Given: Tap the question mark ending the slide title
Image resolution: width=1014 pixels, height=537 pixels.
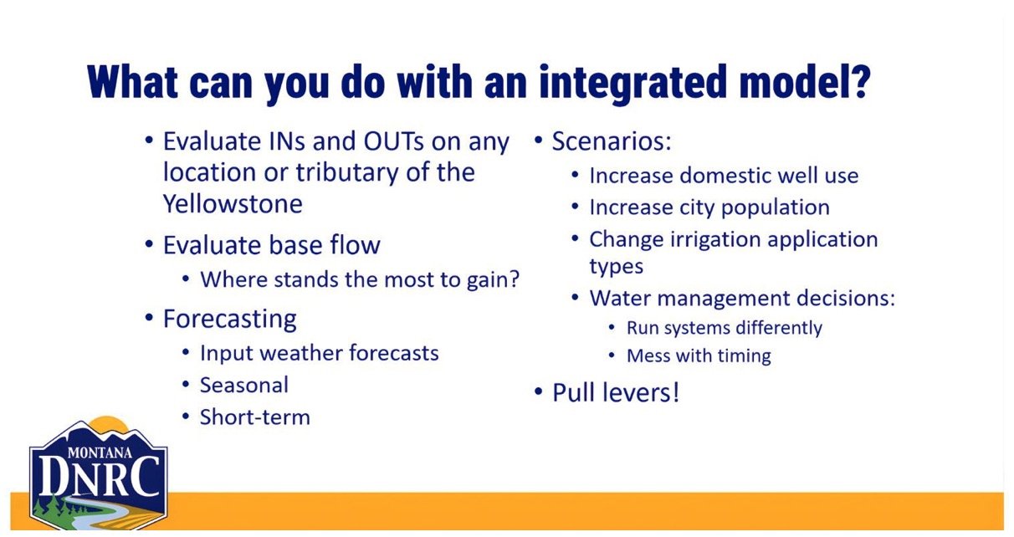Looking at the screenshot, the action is click(x=857, y=81).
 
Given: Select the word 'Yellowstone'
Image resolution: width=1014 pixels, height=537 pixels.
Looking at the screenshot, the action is click(x=233, y=203).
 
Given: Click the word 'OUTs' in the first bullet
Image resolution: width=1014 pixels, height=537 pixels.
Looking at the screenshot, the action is click(x=393, y=141).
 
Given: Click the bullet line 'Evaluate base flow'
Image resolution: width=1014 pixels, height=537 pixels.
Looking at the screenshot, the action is click(x=272, y=245).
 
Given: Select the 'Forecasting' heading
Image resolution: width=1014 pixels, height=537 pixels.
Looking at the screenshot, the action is click(x=230, y=319).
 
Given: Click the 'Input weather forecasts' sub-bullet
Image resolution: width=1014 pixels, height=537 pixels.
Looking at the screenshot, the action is click(x=320, y=353).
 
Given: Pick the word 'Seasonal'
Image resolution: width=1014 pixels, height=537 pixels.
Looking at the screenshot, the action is click(x=244, y=386).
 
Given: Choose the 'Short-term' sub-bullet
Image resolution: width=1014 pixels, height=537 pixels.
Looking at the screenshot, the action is click(x=255, y=417).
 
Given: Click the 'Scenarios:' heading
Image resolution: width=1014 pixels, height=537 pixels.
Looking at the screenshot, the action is click(x=612, y=141).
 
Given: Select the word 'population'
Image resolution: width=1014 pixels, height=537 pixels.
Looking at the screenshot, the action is click(x=776, y=208).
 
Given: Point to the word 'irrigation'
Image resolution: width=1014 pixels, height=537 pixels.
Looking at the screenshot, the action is click(x=715, y=240).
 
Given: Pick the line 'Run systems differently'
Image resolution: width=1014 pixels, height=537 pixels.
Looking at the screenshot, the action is click(x=725, y=328).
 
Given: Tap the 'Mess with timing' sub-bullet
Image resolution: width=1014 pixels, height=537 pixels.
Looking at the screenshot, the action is click(x=699, y=355).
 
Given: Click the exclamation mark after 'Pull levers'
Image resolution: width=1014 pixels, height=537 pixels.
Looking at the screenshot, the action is click(x=676, y=391).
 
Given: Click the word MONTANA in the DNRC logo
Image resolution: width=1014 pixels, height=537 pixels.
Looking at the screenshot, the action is click(x=100, y=453).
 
